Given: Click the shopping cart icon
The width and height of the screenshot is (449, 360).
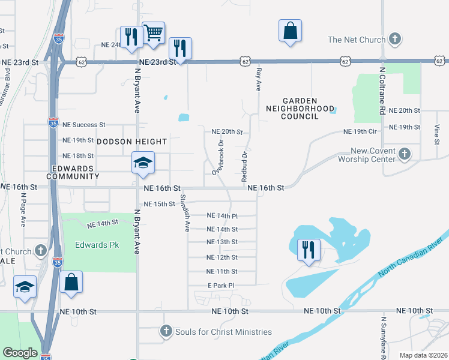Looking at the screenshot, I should tap(154, 32).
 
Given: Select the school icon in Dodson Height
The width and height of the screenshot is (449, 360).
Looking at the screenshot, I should tap(143, 163).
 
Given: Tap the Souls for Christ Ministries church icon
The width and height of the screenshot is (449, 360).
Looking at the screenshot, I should tap(166, 332).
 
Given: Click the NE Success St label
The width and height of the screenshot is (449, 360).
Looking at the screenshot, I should tap(85, 125).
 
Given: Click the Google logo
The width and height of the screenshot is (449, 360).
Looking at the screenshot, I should tap(20, 353).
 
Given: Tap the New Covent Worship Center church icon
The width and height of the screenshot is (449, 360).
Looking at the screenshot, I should tap(405, 153).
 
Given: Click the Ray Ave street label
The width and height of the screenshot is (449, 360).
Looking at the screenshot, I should tap(259, 79).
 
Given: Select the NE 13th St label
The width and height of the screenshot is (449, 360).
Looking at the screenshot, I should tap(222, 242).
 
